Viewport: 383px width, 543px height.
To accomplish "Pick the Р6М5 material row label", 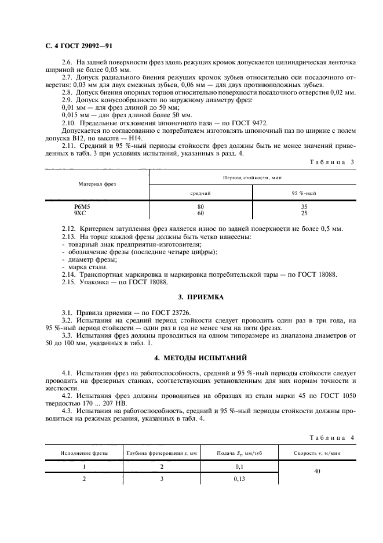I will pos(82,207).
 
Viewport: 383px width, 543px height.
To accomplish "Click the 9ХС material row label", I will pos(80,213).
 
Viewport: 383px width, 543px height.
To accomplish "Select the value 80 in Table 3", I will pos(200,207).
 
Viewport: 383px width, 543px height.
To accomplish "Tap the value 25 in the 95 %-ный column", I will pos(304,213).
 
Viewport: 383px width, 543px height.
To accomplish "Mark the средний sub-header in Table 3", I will pos(200,192).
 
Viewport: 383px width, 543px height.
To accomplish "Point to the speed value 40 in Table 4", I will pos(317,472).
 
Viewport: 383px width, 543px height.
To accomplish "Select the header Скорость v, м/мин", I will pos(317,453).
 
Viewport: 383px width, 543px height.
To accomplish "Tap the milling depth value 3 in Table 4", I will pos(162,479).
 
